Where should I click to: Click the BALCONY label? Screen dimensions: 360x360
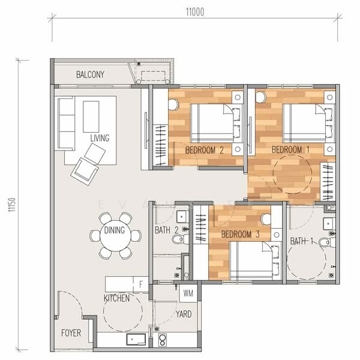pyautogui.click(x=91, y=75)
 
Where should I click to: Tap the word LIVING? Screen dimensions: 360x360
pyautogui.click(x=100, y=138)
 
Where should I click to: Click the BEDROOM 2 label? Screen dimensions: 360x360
pyautogui.click(x=204, y=150)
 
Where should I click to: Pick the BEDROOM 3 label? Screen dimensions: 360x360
pyautogui.click(x=239, y=234)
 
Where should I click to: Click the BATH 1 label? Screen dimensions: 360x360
pyautogui.click(x=302, y=241)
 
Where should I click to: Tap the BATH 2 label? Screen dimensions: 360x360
pyautogui.click(x=166, y=230)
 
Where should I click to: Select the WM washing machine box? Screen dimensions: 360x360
pyautogui.click(x=188, y=294)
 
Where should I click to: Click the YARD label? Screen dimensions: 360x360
pyautogui.click(x=184, y=314)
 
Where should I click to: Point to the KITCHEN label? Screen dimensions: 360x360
pyautogui.click(x=116, y=298)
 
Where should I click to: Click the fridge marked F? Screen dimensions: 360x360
pyautogui.click(x=140, y=283)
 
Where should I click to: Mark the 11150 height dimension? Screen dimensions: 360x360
pyautogui.click(x=11, y=204)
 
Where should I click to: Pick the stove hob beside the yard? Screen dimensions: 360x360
pyautogui.click(x=161, y=340)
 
